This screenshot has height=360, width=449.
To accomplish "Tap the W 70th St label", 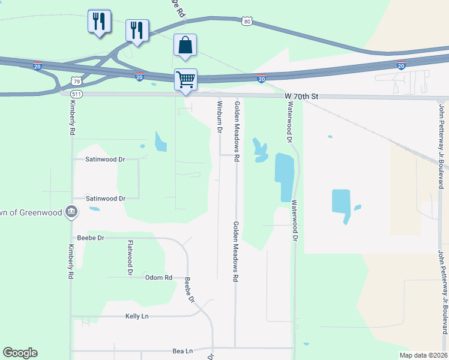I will (x=300, y=96).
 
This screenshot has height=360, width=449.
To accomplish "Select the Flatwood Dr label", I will (x=130, y=257).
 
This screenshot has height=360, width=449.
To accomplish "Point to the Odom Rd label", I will (x=158, y=278).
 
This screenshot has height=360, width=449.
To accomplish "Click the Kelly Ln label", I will (x=137, y=316).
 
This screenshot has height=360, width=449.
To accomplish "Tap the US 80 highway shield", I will (x=247, y=22).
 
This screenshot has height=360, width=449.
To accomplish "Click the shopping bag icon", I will (x=185, y=46).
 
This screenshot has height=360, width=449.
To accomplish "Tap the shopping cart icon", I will (x=185, y=79).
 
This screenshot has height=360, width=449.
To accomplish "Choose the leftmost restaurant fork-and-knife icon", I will (x=99, y=22).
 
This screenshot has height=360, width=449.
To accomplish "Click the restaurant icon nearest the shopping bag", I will (x=137, y=31).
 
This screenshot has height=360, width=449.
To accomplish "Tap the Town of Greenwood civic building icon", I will (x=71, y=211).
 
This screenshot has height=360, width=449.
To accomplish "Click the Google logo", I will (x=20, y=353).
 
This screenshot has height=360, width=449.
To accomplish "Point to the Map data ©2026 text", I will (x=423, y=355).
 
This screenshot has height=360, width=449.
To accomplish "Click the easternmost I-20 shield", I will (x=401, y=65).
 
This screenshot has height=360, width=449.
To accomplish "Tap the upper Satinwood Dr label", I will (x=105, y=160).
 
